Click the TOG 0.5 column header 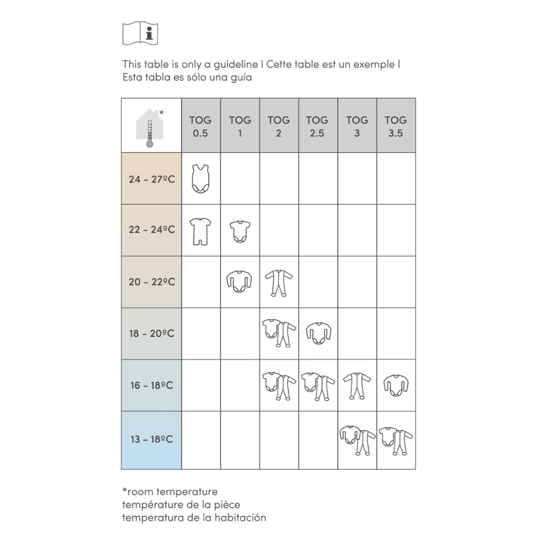[x=201, y=126]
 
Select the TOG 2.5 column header [x=318, y=126]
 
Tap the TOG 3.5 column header [x=395, y=126]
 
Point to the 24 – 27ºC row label [x=151, y=179]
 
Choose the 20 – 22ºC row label [x=151, y=282]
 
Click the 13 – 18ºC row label [x=151, y=439]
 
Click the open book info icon [x=141, y=33]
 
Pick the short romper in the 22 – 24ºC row [x=200, y=231]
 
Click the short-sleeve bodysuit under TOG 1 [x=239, y=231]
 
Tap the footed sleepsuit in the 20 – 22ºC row [x=278, y=283]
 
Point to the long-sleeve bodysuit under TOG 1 [x=239, y=282]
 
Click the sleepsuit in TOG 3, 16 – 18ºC [x=357, y=385]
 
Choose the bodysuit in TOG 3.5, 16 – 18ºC [x=395, y=385]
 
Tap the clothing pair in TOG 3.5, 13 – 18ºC [x=395, y=439]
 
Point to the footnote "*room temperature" [x=169, y=492]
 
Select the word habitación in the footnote [x=239, y=517]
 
